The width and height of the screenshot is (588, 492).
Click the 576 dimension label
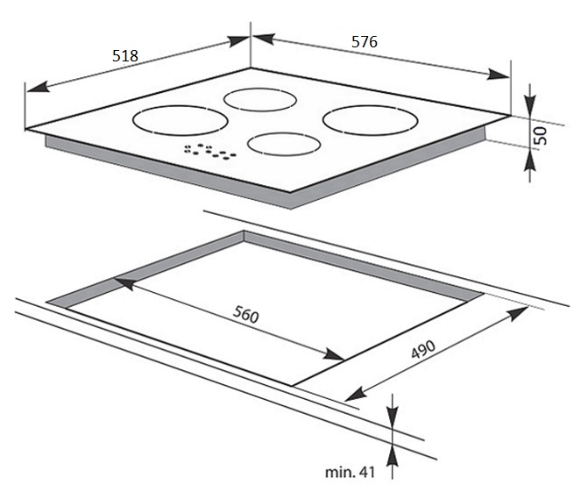coord(365,41)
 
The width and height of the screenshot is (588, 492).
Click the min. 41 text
coord(350,473)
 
